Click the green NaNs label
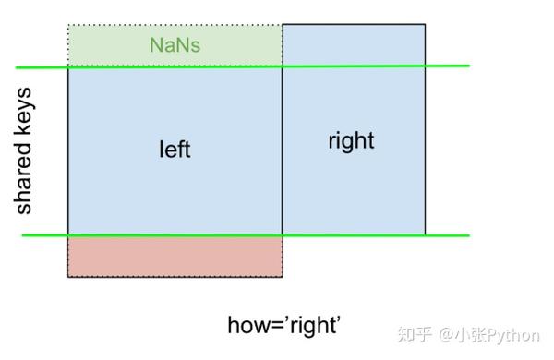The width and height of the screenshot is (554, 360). pos(175,44)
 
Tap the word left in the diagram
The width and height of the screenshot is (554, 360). pos(175,149)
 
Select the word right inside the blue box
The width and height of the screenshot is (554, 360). pos(351,140)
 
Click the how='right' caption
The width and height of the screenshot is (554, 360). pos(284,325)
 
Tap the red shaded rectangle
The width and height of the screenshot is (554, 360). pos(175,257)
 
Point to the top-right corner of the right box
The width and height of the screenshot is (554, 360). pos(425,25)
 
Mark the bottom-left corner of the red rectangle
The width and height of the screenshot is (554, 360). pos(68,276)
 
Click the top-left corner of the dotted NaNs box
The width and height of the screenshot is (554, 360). pos(68,25)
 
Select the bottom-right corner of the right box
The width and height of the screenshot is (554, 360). pos(425,234)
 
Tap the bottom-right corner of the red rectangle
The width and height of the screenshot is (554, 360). pos(282,276)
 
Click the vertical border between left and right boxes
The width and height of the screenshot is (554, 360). pos(282,148)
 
